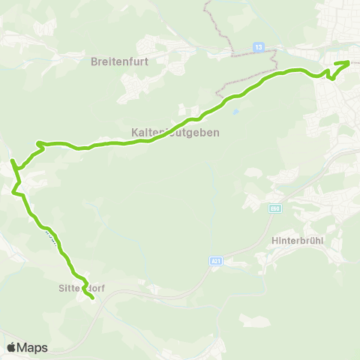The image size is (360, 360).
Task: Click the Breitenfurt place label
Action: pos(121,61)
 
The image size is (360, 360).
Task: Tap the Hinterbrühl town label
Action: pos(298,241)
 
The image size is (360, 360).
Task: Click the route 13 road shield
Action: pos(259,46)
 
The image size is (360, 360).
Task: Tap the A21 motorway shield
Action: pos(216,261)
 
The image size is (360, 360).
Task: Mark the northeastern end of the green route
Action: pos(349,62)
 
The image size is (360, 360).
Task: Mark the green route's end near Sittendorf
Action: pos(91,298)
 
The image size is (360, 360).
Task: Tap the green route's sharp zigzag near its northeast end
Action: pos(329,74)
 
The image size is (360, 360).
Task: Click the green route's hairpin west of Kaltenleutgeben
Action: pos(38,142)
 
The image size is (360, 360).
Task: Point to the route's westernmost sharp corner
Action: pos(11,160)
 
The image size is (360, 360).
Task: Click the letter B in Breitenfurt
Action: pos(94,61)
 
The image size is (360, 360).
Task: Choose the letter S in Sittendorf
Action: pos(61,286)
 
